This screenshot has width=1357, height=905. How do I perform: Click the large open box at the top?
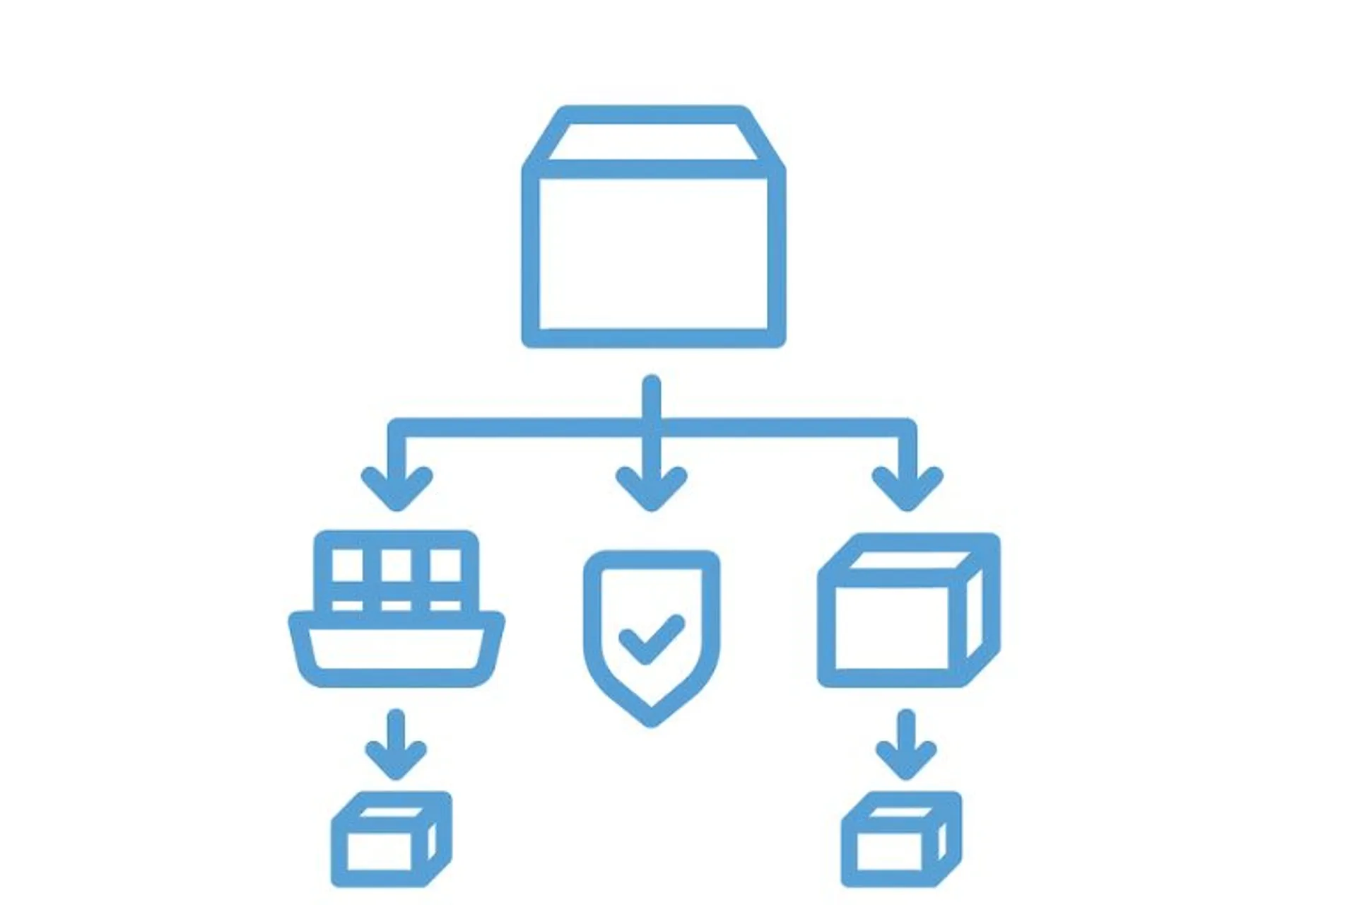(x=653, y=233)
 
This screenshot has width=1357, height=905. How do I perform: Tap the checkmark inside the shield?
(x=650, y=638)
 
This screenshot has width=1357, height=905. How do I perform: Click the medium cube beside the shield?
(x=907, y=612)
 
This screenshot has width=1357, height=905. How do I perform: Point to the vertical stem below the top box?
(x=652, y=399)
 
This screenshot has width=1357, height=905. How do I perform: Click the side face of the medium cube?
(x=975, y=615)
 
